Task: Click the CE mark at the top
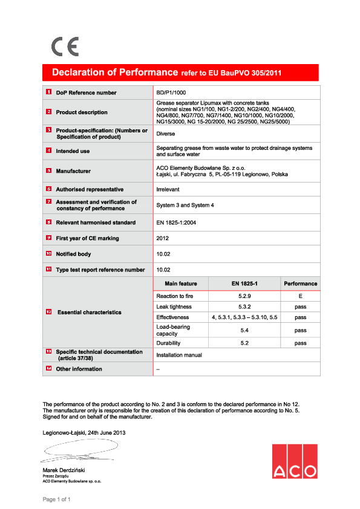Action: coord(65,47)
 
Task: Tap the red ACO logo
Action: coord(294,461)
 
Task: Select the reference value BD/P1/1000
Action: coord(172,92)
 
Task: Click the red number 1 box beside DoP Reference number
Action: coord(48,92)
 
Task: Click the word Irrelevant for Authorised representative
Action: coord(169,189)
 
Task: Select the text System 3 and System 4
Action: coord(185,206)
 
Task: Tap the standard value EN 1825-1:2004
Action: coord(176,222)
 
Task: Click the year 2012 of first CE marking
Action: coord(163,238)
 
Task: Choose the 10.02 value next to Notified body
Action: coord(163,254)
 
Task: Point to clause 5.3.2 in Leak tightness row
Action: coord(244,306)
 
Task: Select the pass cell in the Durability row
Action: coord(300,343)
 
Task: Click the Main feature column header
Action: coord(180,284)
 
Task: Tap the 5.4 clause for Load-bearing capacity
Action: coord(244,330)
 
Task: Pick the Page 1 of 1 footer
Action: coord(57,499)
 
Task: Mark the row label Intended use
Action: coord(73,151)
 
